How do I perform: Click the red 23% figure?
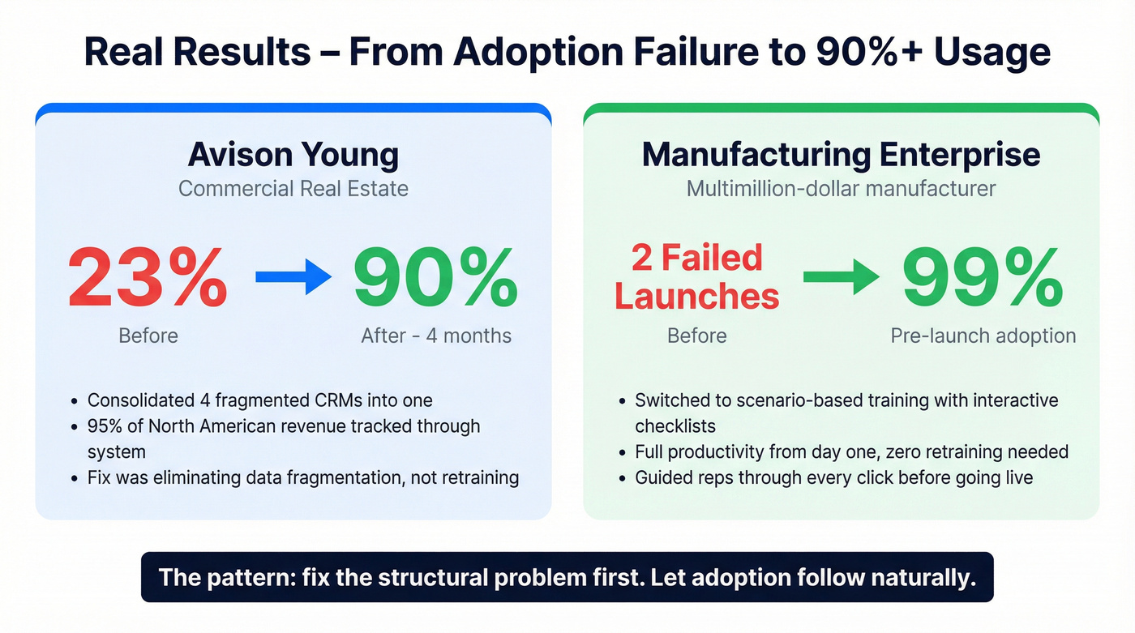click(147, 278)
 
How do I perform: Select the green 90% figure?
click(435, 278)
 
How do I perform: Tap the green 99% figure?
click(982, 278)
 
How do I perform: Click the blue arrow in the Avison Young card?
click(293, 278)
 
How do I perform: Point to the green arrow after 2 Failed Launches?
click(841, 278)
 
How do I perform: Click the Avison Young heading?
click(293, 154)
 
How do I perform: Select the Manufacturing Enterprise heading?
click(841, 154)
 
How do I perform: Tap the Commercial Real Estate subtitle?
click(293, 189)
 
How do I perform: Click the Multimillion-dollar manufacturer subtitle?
click(841, 189)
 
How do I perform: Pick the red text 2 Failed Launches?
click(696, 277)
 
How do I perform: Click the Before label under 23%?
click(148, 336)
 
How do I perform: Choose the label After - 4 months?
click(436, 336)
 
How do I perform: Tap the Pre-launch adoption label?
click(983, 336)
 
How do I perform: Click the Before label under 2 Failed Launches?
click(696, 336)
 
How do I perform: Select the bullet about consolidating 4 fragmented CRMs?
click(259, 400)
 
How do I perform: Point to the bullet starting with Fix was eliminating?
click(302, 477)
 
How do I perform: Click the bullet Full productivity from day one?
click(851, 451)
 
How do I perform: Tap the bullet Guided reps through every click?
click(833, 477)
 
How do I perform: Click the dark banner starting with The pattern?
click(567, 577)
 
